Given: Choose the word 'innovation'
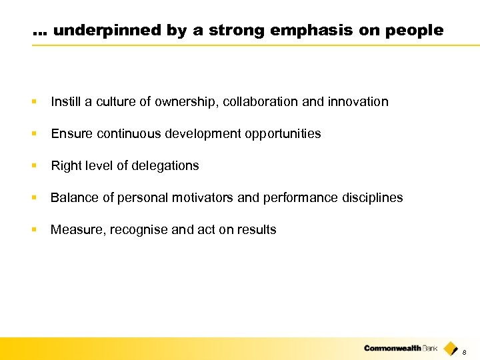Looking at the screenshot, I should (357, 102).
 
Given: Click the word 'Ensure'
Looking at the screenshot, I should (70, 134).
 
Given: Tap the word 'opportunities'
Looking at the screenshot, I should (285, 134).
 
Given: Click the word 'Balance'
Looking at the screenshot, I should (73, 198).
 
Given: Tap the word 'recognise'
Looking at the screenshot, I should (137, 230).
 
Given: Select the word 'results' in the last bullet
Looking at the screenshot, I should (257, 230).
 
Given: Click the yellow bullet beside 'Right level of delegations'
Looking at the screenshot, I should (34, 166).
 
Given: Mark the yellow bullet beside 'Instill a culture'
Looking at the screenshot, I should (34, 102).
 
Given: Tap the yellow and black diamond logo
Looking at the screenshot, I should (451, 348).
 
